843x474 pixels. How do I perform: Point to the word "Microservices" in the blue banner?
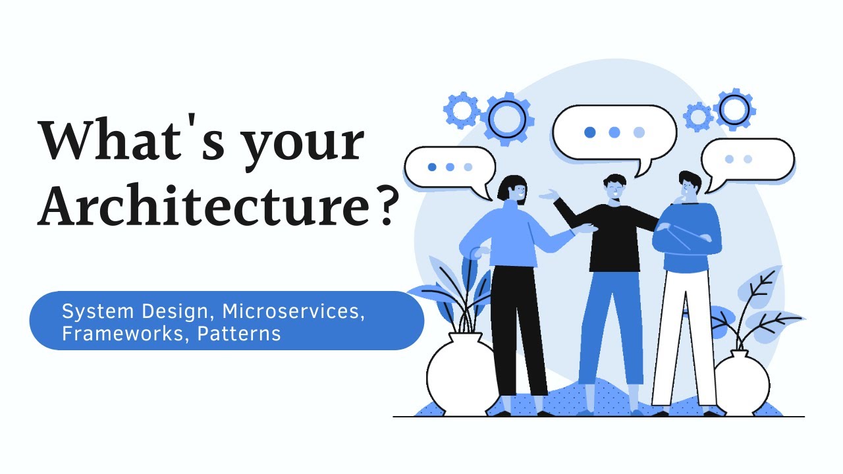[292, 311]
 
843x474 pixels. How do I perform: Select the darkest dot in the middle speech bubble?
[590, 132]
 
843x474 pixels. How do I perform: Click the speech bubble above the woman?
[450, 167]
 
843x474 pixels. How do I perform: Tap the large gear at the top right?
[734, 109]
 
